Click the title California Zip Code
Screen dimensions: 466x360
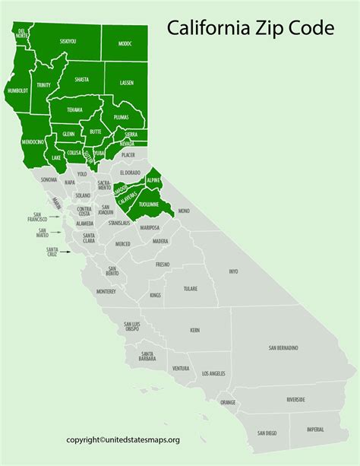pos(250,30)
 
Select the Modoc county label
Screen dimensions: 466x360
pos(125,44)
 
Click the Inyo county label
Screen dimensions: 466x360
pos(233,271)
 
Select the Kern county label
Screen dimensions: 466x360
pos(195,331)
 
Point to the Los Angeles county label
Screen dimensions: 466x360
pos(213,374)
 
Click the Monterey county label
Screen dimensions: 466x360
pos(106,291)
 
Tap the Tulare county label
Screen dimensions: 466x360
pos(191,289)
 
